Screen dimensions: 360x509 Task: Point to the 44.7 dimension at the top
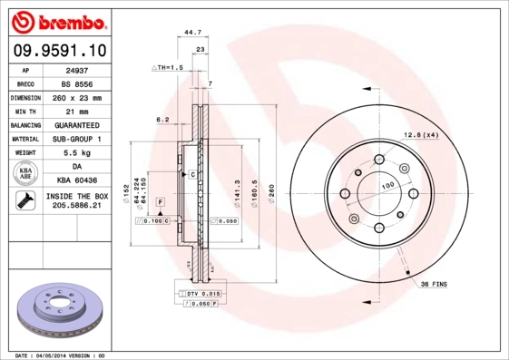point(191,32)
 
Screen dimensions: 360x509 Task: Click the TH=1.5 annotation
point(169,67)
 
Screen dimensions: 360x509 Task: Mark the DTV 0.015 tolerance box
point(202,295)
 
